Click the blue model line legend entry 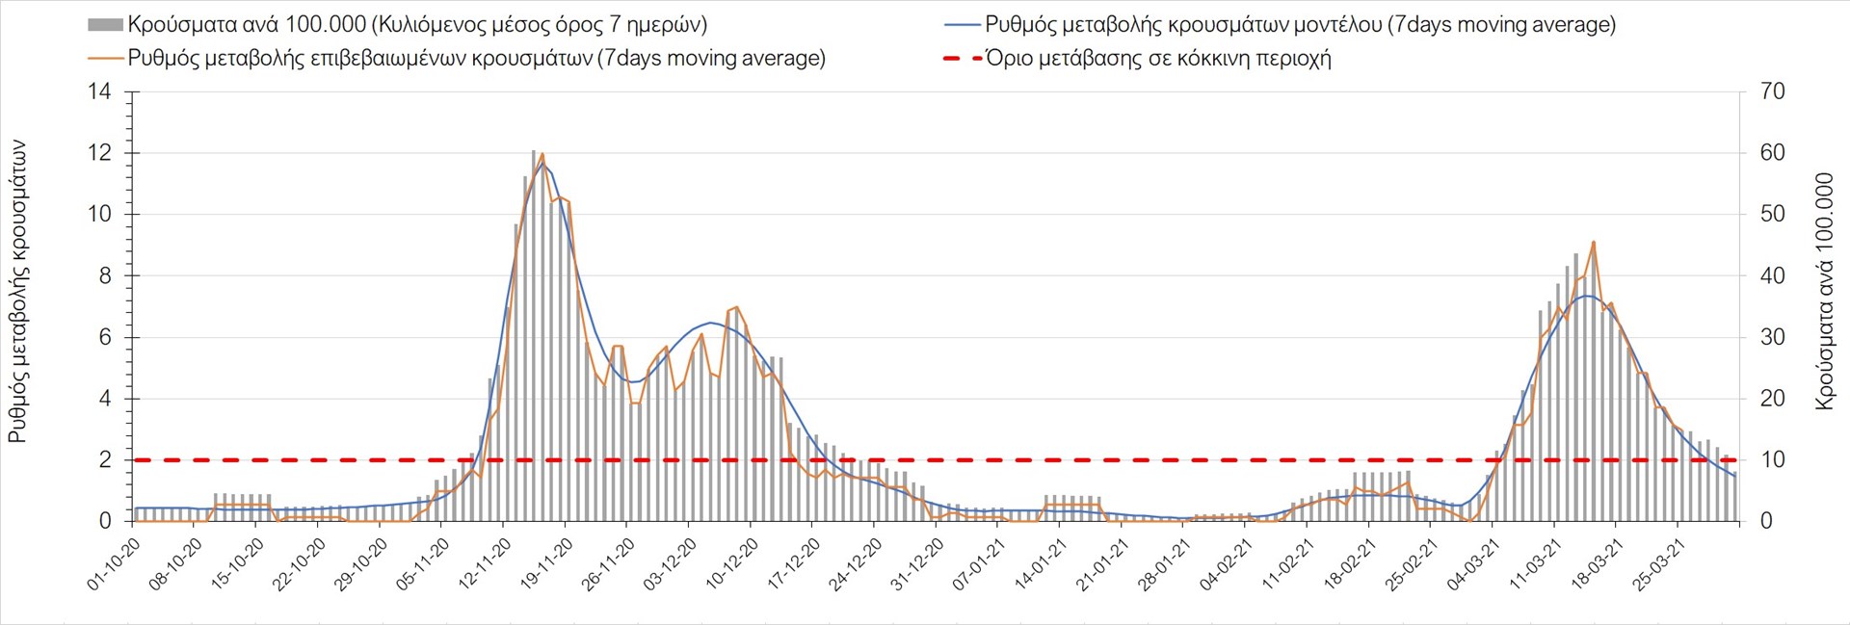1299,25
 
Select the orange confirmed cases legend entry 476,59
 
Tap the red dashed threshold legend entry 1157,59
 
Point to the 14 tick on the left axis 100,92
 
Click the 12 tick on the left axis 100,153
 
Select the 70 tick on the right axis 1772,92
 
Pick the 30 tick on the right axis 1772,337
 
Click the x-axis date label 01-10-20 115,564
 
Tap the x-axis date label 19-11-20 546,564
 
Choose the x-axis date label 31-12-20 917,564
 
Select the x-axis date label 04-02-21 1226,564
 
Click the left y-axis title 17,292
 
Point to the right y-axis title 1824,292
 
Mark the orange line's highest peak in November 542,154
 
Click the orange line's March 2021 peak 1594,242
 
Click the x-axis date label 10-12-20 732,564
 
